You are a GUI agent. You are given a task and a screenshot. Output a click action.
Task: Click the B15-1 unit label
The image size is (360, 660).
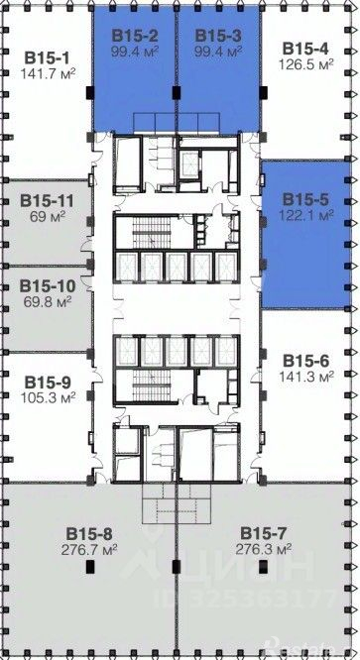tap(48, 57)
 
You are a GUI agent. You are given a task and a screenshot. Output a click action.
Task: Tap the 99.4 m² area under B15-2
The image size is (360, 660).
tap(135, 53)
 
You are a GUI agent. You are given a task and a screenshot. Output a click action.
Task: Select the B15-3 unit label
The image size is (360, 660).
tap(218, 36)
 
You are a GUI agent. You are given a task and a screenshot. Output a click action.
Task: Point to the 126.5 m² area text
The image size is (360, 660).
tap(306, 64)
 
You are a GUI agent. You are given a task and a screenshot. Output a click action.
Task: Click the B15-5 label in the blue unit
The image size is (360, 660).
tap(306, 199)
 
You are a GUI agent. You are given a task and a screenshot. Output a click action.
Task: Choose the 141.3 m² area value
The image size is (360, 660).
tap(306, 376)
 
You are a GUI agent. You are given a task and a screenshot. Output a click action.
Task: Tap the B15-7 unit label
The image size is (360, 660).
tap(264, 533)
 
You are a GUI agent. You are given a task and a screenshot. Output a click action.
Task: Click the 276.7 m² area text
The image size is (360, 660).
tap(89, 550)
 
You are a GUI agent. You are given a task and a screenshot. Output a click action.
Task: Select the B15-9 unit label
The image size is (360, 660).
tap(48, 383)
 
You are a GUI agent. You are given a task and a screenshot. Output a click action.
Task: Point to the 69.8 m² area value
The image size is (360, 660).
tap(48, 301)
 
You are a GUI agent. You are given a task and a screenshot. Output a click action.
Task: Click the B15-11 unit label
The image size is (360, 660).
tap(48, 201)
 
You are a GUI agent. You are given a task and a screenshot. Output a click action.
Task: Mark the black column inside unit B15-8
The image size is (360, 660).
tap(90, 567)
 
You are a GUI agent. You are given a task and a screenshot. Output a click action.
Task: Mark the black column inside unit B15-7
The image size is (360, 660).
tap(263, 567)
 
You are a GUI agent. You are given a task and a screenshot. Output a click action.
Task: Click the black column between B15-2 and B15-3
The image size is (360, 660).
tap(176, 92)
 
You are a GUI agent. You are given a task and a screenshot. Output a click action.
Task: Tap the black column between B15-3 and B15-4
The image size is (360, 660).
tap(263, 92)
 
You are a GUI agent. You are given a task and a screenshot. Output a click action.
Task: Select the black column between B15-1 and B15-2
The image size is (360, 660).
tap(90, 92)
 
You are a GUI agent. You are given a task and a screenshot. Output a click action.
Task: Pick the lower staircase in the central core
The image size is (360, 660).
tap(150, 386)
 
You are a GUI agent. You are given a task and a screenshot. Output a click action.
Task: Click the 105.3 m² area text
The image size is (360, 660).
tap(48, 397)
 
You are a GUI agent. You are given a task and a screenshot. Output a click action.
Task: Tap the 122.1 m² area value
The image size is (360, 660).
tap(306, 215)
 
